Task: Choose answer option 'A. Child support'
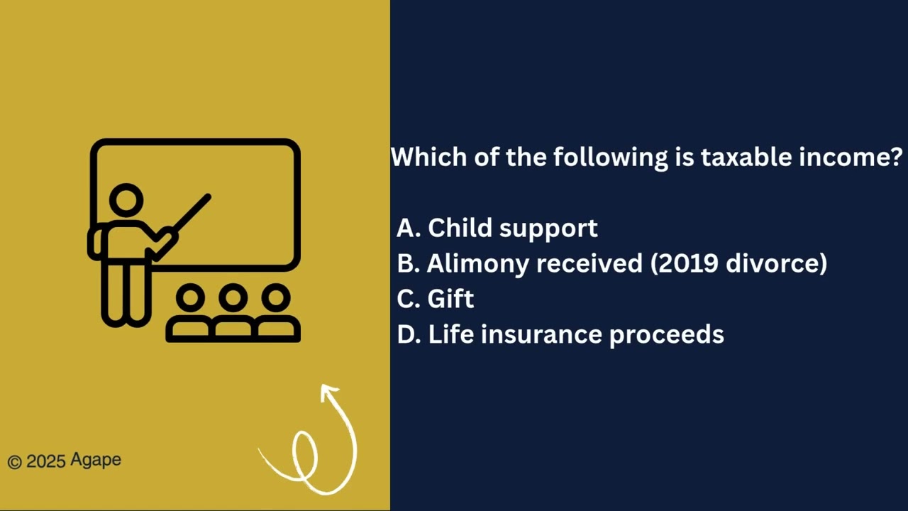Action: (497, 228)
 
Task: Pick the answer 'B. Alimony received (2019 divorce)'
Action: (611, 263)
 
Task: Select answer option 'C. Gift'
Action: (436, 299)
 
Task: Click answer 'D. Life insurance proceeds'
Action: (560, 334)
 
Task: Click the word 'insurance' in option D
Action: (542, 334)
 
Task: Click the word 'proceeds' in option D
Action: (666, 334)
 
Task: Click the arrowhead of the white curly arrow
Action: (329, 392)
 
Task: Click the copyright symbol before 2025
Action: (15, 462)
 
